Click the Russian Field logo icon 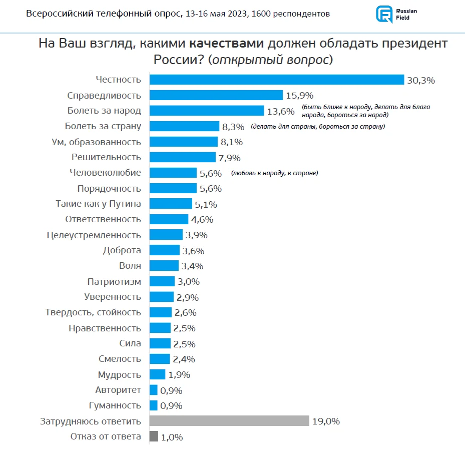384,14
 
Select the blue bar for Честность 277,80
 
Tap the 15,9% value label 299,96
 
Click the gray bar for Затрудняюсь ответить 229,421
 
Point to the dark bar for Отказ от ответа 154,436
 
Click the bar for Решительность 183,157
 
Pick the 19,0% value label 326,421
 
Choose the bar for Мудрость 158,374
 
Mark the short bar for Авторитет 154,390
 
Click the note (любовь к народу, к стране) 275,173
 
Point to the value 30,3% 421,80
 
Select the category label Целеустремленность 94,235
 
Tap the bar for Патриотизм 162,281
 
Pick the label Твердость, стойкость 93,312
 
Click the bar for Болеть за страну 185,126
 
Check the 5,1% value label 207,204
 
